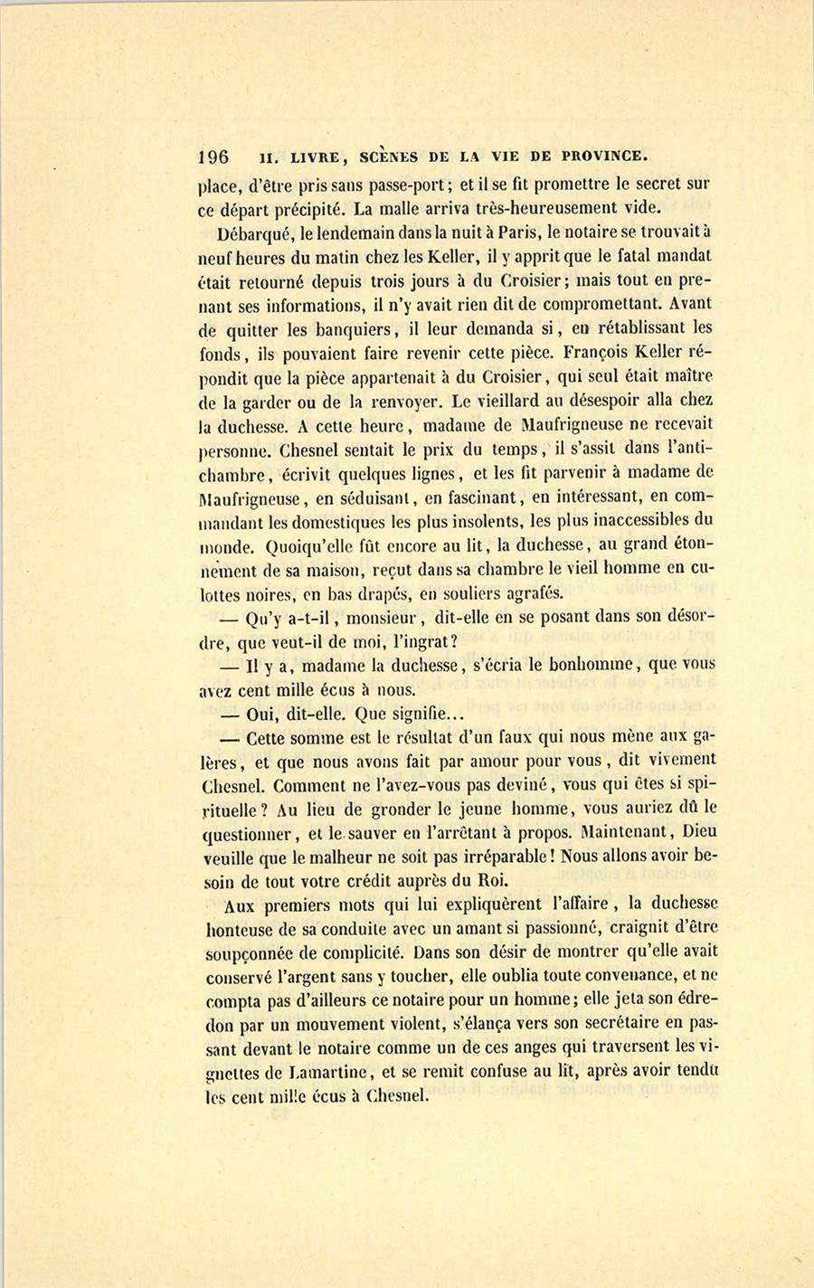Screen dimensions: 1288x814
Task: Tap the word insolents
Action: (483, 521)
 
